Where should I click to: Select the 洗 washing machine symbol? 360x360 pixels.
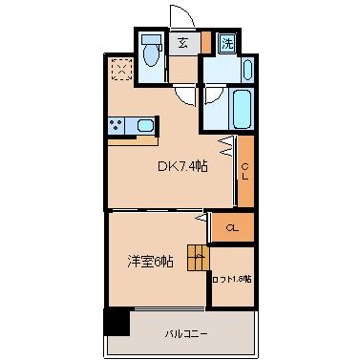[x=227, y=43]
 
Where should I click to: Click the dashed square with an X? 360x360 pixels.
[x=120, y=69]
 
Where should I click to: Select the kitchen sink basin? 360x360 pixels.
[x=145, y=125]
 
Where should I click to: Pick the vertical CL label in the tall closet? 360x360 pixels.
[x=245, y=172]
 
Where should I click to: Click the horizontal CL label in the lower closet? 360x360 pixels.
[x=232, y=226]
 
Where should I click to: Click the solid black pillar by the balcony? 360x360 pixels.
[x=116, y=323]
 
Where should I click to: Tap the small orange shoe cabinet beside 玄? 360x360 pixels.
[x=205, y=42]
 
